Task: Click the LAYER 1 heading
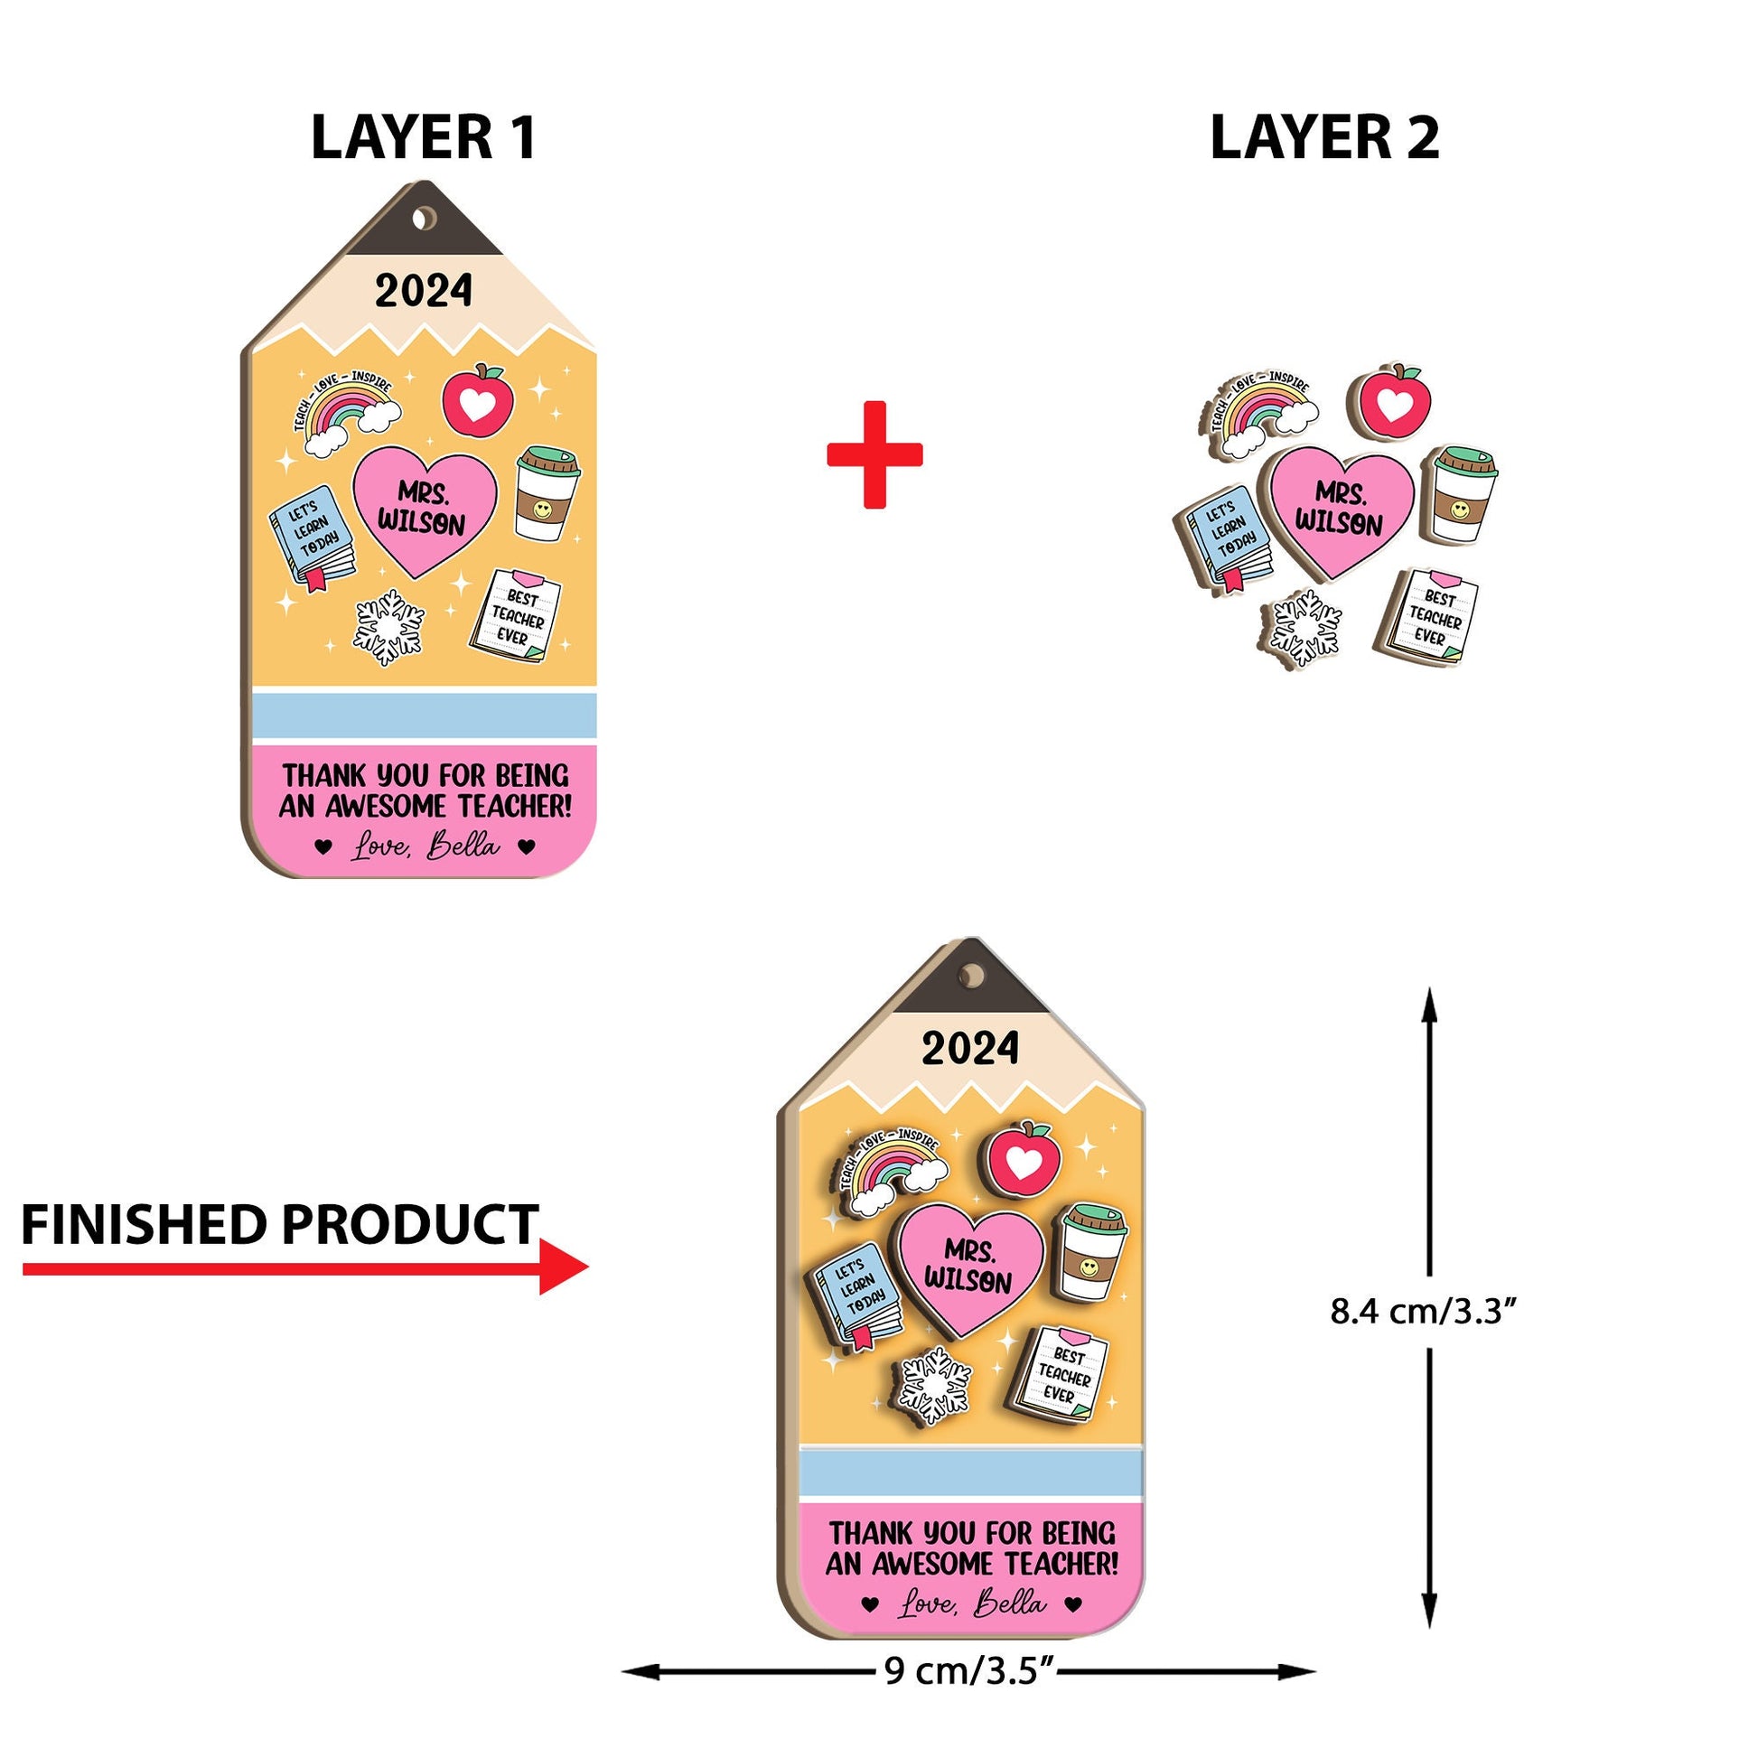pos(423,138)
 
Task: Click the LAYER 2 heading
pos(1324,138)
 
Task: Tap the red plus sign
pos(874,454)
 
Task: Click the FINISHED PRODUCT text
pos(280,1225)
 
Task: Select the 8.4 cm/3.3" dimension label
pos(1423,1311)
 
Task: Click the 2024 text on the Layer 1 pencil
pos(424,291)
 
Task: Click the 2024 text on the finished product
pos(970,1048)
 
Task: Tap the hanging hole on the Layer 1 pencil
pos(424,219)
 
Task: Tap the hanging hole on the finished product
pos(972,976)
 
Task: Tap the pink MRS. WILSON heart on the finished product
pos(969,1266)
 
